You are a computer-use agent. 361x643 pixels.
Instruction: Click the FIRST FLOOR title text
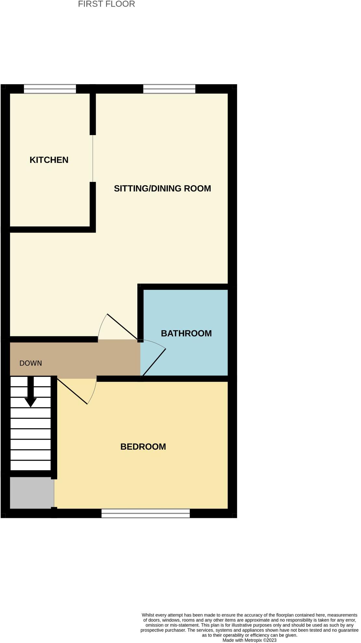106,4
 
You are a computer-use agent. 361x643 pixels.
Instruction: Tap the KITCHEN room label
49,160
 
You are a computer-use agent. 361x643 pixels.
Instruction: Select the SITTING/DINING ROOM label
162,188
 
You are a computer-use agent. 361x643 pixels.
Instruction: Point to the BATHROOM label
186,333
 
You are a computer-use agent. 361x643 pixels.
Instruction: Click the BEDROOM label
143,447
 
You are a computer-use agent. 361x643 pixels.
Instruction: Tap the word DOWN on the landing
31,363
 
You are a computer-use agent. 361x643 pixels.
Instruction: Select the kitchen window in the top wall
50,89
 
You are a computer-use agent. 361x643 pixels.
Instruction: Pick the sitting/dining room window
169,89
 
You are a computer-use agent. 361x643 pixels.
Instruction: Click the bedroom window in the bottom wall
145,513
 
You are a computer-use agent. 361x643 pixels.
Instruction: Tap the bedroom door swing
78,392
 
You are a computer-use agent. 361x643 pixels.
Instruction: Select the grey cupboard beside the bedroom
32,493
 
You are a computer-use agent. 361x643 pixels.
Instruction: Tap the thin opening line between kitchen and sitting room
93,158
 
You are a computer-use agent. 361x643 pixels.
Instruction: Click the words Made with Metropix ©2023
249,640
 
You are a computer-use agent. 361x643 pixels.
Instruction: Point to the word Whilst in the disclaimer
148,615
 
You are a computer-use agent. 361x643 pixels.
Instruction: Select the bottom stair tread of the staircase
31,465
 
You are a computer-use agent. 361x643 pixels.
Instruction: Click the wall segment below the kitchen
50,230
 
